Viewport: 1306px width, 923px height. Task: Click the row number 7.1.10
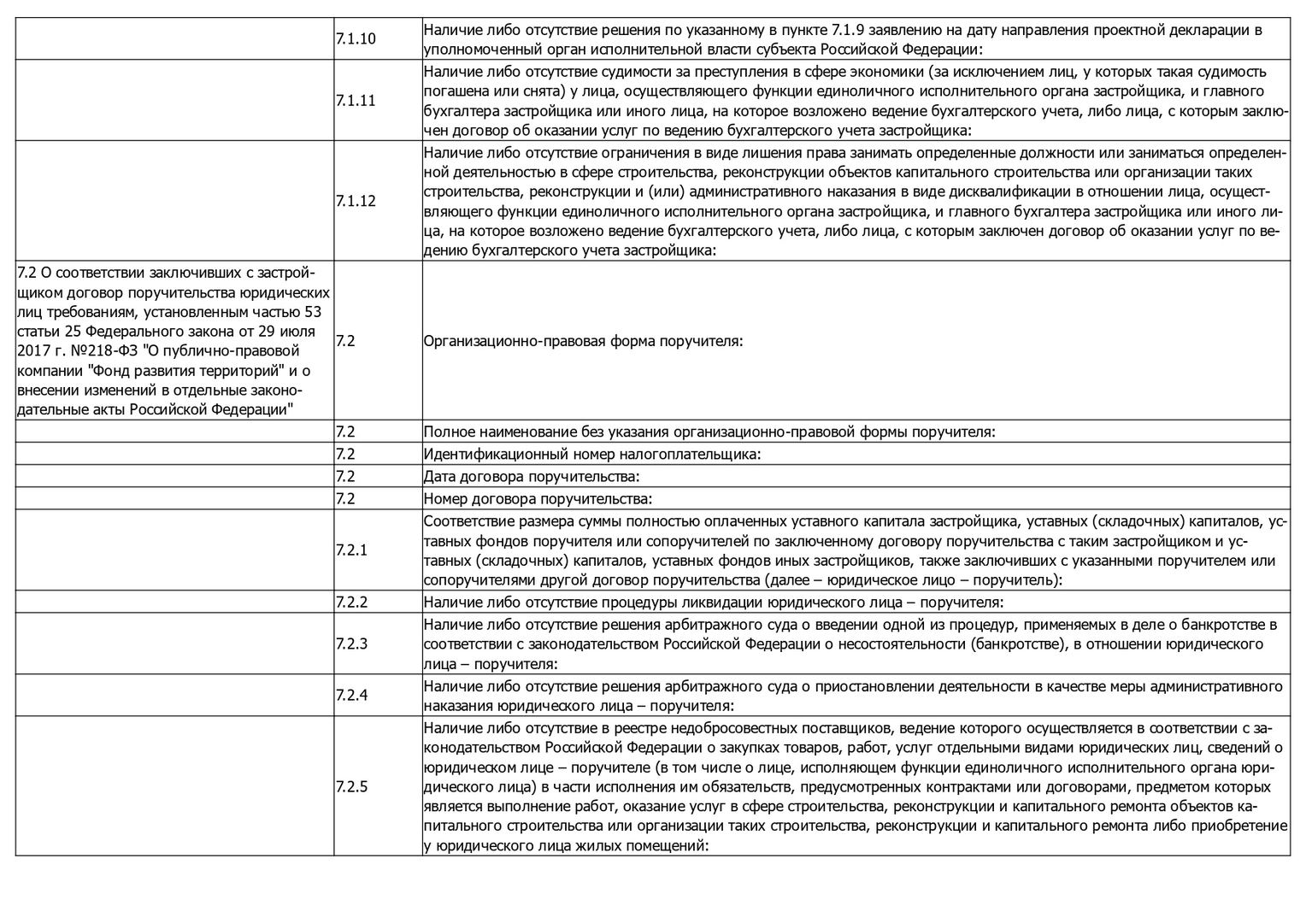(356, 39)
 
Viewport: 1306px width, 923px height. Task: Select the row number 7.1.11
(356, 101)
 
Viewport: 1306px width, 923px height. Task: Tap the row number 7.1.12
(356, 202)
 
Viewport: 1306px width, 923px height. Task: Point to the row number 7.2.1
(351, 550)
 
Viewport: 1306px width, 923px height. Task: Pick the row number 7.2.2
(351, 602)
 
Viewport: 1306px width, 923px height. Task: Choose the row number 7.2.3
(351, 644)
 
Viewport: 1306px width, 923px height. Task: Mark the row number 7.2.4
(351, 696)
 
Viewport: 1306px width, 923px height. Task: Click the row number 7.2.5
(351, 786)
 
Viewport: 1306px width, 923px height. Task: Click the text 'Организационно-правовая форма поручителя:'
(583, 341)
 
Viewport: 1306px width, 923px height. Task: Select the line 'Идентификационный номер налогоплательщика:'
(591, 454)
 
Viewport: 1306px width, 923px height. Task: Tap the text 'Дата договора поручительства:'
(532, 476)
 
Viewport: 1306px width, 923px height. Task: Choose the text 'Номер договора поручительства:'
(538, 498)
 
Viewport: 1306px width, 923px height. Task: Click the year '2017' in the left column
(32, 350)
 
